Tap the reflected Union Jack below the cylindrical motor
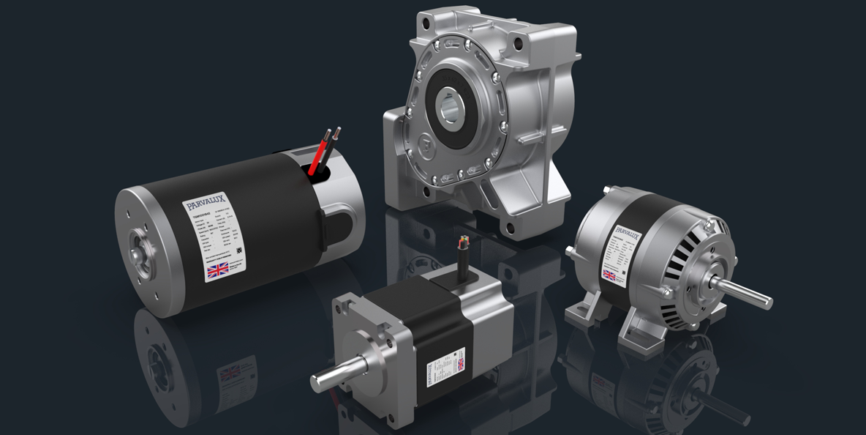[231, 373]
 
